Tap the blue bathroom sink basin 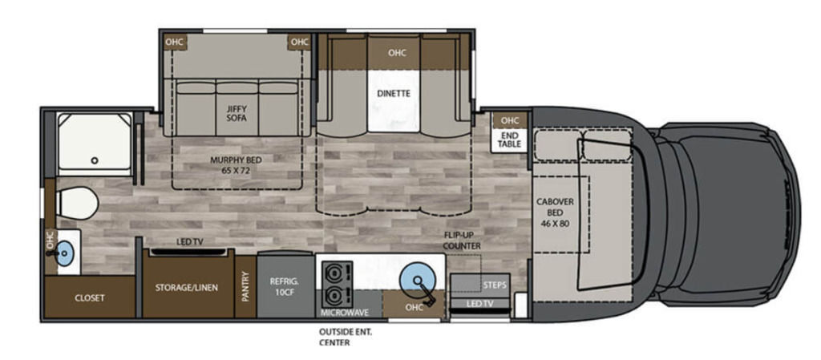pyautogui.click(x=64, y=253)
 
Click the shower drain pyautogui.click(x=95, y=160)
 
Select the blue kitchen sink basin pyautogui.click(x=417, y=279)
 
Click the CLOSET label pyautogui.click(x=90, y=298)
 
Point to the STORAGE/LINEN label pyautogui.click(x=186, y=287)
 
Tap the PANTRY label pyautogui.click(x=245, y=287)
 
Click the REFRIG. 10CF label pyautogui.click(x=285, y=287)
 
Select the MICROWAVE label pyautogui.click(x=345, y=313)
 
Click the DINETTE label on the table pyautogui.click(x=393, y=94)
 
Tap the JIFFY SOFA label pyautogui.click(x=237, y=114)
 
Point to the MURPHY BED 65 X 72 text pyautogui.click(x=237, y=164)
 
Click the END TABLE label pyautogui.click(x=509, y=140)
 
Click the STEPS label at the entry pyautogui.click(x=495, y=285)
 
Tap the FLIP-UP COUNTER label pyautogui.click(x=462, y=241)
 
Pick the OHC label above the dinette pyautogui.click(x=397, y=53)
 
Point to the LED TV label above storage pyautogui.click(x=189, y=241)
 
